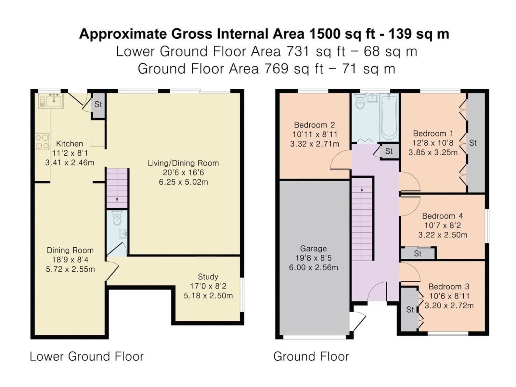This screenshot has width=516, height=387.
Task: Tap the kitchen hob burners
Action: (x=42, y=142)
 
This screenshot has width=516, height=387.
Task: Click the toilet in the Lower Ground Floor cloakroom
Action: (x=117, y=218)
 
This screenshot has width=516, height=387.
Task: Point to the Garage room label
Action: (x=313, y=248)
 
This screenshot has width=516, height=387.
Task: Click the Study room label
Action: (x=208, y=276)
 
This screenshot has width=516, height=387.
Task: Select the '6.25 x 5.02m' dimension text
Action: (x=183, y=182)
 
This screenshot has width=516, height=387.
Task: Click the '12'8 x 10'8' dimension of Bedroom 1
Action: (x=433, y=143)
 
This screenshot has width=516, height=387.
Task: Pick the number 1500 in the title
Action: (x=325, y=34)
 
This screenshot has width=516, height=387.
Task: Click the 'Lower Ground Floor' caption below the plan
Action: (x=87, y=356)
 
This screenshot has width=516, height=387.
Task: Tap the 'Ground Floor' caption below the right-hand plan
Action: (x=311, y=356)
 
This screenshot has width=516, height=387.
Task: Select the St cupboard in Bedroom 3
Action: (x=409, y=310)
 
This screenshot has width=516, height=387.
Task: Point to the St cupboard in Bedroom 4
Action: (x=418, y=254)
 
